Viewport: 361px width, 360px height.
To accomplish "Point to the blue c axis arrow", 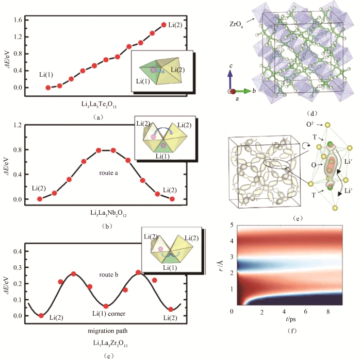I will point(232,79).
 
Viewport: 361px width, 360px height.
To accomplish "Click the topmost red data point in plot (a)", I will point(164,25).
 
